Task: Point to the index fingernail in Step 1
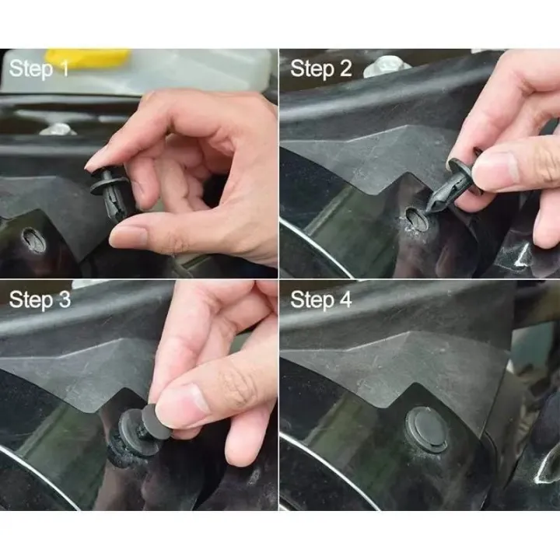click(x=98, y=160)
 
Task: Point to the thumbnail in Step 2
click(x=498, y=170)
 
